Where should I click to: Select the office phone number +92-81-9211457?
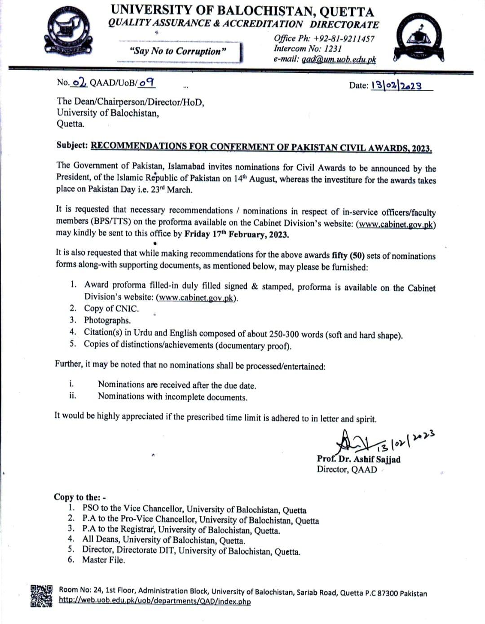point(344,39)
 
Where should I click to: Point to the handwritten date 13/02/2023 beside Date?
point(397,85)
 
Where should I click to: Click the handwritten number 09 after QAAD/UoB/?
point(147,82)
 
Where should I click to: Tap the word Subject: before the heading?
point(72,146)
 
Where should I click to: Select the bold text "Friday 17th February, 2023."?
point(237,234)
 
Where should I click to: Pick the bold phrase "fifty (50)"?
point(348,256)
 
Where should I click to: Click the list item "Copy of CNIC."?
point(111,309)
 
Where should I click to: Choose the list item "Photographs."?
point(107,320)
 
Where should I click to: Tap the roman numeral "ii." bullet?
point(72,396)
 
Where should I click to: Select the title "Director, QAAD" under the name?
point(347,469)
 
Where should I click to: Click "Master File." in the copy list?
point(103,560)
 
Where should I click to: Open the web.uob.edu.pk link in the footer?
point(154,602)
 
